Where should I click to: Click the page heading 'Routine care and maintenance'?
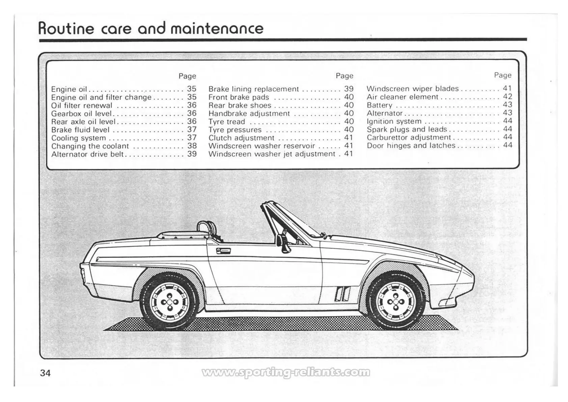(151, 28)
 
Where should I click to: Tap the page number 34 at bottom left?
(45, 373)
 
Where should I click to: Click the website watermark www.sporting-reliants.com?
(286, 372)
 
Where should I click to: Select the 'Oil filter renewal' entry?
(82, 105)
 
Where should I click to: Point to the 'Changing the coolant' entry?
(90, 146)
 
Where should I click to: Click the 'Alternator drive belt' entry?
(87, 154)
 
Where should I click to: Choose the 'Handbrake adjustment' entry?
(249, 114)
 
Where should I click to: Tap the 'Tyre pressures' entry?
(235, 130)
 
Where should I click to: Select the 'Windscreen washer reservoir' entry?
(262, 146)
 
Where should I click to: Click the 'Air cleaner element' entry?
(402, 97)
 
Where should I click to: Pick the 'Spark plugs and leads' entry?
(407, 129)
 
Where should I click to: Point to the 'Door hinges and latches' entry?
(411, 146)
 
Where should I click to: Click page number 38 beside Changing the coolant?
(192, 146)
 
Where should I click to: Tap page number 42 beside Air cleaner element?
(508, 97)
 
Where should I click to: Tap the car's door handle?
(223, 251)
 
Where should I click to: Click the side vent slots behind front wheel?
(342, 293)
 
